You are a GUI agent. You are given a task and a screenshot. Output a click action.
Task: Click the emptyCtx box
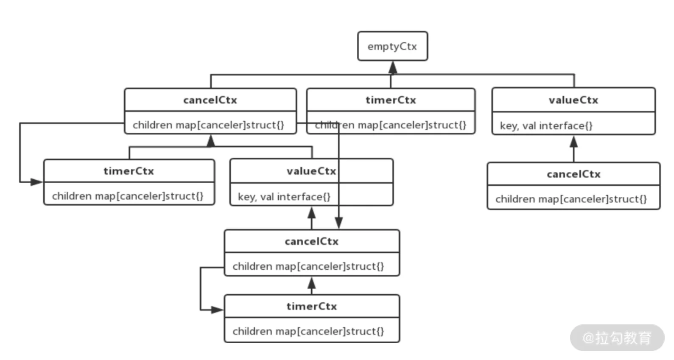392,46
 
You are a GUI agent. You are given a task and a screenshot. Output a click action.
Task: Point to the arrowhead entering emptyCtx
392,67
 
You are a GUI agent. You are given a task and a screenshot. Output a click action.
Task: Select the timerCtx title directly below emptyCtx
391,100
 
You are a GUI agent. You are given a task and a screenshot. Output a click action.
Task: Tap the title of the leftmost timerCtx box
129,171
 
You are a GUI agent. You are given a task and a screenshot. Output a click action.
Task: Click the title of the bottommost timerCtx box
312,306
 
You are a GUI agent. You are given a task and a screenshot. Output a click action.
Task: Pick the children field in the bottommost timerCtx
308,331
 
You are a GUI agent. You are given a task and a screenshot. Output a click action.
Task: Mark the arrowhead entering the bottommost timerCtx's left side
217,310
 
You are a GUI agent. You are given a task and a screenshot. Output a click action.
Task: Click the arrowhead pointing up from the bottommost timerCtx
312,283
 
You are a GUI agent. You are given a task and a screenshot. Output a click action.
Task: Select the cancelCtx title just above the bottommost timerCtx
312,241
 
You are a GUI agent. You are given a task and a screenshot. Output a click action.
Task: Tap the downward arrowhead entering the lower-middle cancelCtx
339,223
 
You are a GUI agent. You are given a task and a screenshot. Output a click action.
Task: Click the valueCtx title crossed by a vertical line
311,171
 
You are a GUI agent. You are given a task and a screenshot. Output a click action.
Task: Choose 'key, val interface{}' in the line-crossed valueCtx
284,197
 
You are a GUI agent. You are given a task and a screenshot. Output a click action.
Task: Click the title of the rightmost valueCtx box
573,100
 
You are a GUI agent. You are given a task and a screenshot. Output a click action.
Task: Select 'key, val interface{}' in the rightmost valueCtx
546,126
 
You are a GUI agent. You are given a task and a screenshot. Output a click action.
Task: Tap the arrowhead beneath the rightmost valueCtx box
573,142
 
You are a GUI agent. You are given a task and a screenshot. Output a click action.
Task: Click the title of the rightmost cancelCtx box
573,174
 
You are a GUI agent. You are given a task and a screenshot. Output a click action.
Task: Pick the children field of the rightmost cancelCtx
571,199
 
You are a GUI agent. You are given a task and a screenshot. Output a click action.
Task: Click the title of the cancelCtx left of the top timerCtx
210,100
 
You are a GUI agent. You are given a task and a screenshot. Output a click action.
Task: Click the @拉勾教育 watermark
617,338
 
